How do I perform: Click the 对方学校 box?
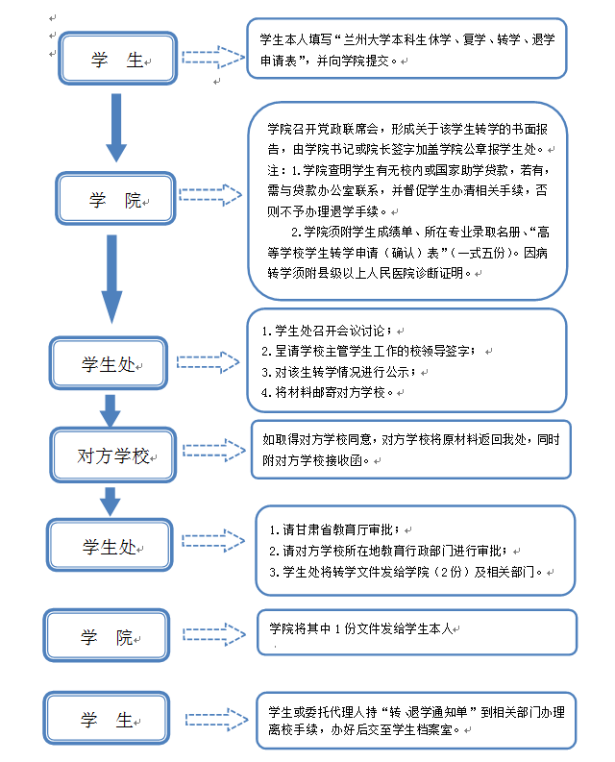(x=113, y=456)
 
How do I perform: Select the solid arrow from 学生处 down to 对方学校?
(x=111, y=408)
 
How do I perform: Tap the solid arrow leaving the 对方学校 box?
(x=111, y=500)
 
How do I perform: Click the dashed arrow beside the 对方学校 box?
(x=212, y=451)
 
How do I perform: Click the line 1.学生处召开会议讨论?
(x=332, y=331)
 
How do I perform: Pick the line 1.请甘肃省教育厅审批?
(x=340, y=529)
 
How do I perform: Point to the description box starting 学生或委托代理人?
(x=416, y=720)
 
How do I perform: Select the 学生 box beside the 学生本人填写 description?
(x=117, y=61)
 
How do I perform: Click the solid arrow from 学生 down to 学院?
(x=116, y=126)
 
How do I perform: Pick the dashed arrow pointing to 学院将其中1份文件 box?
(x=213, y=632)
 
